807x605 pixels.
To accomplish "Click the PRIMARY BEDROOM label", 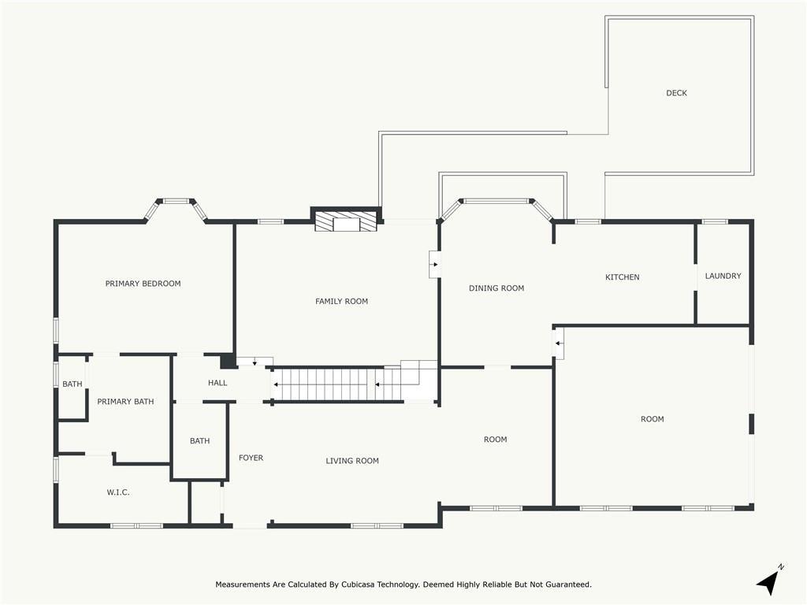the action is pos(143,284).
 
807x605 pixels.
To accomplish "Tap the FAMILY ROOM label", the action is pos(342,302).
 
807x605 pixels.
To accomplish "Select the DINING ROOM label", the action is pos(496,288).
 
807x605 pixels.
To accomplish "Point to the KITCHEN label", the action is pos(623,277).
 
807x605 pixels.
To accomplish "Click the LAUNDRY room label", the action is pos(723,276).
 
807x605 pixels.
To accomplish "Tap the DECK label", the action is pos(676,93).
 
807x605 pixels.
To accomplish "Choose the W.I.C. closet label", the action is pos(118,492).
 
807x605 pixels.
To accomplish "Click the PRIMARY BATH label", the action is pos(125,401).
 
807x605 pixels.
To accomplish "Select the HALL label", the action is pos(218,383).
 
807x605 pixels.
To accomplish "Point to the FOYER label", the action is pos(251,458).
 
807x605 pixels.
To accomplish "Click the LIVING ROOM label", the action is pos(352,461).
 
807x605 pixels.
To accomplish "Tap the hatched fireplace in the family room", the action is pos(346,221).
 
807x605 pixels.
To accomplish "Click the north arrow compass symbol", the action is pos(770,581).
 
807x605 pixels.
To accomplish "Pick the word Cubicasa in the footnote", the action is pos(358,585).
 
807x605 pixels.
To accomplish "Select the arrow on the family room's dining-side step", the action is pos(435,265).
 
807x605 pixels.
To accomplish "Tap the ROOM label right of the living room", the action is pos(495,440).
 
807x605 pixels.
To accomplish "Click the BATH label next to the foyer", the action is pos(199,441).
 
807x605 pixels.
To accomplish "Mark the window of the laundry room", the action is pos(715,221).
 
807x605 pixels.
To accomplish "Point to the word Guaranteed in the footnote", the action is pos(568,585).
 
